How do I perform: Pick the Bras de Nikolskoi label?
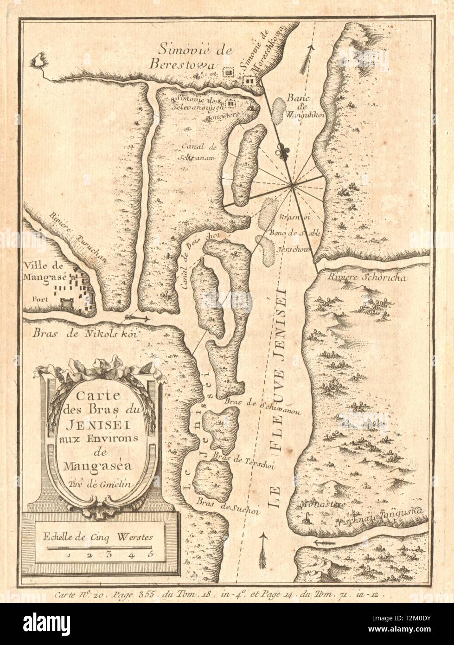tap(80, 333)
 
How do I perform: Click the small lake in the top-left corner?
tap(39, 60)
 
